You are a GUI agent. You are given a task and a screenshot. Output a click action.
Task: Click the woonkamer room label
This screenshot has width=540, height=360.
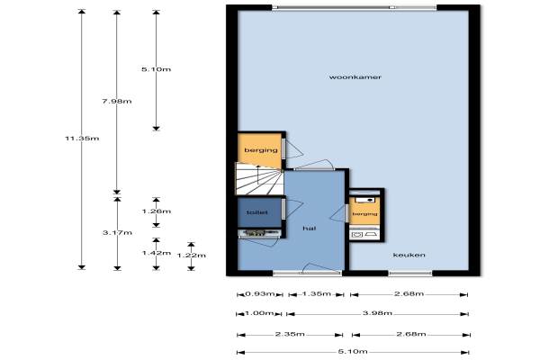355,77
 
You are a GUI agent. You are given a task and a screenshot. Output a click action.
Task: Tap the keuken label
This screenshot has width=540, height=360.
409,255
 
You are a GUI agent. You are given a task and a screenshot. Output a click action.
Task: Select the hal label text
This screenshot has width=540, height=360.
310,228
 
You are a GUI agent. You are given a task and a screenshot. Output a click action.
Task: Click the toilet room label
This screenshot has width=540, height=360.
256,212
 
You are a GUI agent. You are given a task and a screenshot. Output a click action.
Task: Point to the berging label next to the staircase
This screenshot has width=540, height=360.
261,150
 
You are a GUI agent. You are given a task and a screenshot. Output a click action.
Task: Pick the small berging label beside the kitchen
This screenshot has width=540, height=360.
364,214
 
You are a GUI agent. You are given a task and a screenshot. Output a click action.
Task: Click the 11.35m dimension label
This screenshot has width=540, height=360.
82,139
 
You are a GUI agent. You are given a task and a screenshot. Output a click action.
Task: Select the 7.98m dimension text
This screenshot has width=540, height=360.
117,102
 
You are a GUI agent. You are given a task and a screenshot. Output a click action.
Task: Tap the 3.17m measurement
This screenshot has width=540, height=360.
117,233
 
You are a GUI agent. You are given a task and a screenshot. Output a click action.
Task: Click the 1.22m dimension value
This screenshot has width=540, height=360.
191,256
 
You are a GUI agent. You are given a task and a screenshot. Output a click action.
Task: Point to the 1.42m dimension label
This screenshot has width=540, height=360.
157,253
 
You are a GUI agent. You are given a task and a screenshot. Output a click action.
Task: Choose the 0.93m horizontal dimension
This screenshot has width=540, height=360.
260,294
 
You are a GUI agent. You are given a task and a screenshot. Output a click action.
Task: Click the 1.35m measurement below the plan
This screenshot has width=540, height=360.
316,294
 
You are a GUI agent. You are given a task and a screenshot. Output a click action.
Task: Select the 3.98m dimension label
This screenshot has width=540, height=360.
377,313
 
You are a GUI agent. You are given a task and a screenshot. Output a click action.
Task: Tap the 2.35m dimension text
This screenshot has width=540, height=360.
290,334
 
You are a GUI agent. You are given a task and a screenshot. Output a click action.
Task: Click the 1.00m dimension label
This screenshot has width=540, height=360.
259,313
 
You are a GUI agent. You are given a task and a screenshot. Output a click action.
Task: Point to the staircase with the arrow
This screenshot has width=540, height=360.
259,178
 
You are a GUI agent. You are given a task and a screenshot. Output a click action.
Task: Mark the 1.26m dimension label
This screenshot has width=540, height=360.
157,211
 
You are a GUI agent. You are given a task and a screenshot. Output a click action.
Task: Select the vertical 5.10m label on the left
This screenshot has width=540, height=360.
156,69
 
